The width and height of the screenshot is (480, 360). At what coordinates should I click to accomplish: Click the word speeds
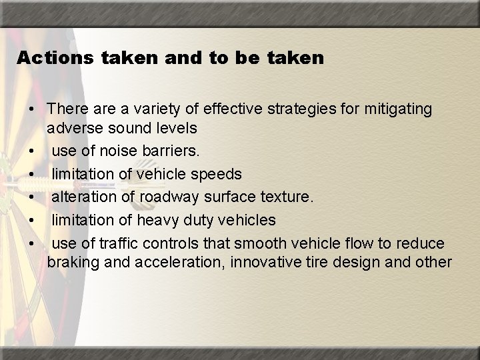click(x=217, y=174)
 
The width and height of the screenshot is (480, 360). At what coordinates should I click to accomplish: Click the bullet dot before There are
click(x=32, y=109)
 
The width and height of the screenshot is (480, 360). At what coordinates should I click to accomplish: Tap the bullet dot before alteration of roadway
click(x=32, y=197)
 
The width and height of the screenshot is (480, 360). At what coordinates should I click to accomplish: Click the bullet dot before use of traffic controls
click(x=32, y=243)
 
